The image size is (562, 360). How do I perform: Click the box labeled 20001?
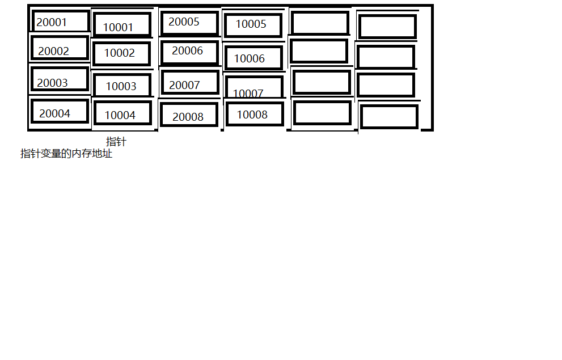coord(61,22)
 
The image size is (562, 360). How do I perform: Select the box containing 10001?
coord(122,26)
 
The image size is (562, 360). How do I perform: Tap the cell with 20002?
coord(60,49)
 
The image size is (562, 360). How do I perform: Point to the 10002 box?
coord(121,53)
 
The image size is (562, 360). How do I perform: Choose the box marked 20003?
coord(60,79)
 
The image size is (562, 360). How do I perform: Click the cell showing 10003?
coord(122,86)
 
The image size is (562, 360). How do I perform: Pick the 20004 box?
coord(60,112)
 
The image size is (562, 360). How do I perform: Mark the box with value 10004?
coord(122,113)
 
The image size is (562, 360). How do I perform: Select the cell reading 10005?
coord(253,25)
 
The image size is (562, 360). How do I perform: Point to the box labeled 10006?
coord(253,58)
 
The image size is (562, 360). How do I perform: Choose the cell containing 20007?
coord(190,83)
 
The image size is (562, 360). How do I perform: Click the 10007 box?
coord(253,88)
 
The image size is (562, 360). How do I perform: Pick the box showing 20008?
coord(189,115)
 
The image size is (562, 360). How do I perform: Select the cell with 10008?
coord(254,114)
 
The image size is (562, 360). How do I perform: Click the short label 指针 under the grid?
coord(116,142)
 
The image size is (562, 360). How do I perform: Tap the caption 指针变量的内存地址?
coord(66,154)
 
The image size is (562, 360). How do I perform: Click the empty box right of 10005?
coord(320,23)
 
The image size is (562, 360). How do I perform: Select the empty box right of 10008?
coord(322,113)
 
